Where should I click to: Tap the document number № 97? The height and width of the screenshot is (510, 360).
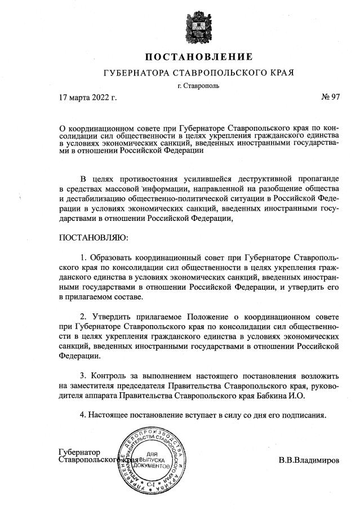(331, 97)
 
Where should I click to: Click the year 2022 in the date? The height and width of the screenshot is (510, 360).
(99, 97)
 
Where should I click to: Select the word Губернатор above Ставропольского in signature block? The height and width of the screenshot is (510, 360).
(79, 453)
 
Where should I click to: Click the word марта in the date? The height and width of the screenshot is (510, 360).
(79, 97)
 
